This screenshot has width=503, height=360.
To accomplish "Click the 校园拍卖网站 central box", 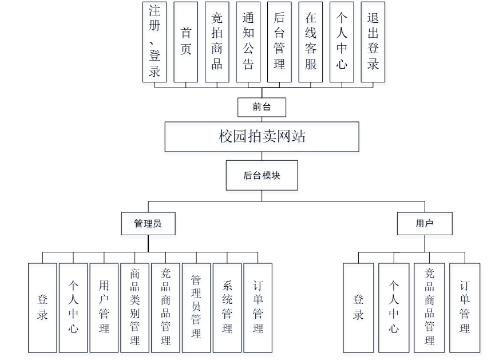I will [262, 137].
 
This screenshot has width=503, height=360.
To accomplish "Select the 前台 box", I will [262, 107].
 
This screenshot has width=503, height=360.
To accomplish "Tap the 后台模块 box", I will [262, 175].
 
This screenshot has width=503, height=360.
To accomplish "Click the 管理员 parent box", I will [148, 224].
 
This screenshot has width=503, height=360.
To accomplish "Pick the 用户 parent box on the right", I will [425, 224].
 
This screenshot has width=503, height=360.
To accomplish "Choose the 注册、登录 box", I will [155, 41].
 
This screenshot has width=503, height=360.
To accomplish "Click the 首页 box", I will [186, 41].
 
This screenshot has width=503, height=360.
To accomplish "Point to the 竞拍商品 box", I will [217, 41].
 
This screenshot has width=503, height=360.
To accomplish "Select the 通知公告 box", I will [248, 41].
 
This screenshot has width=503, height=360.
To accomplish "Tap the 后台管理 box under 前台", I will [279, 41].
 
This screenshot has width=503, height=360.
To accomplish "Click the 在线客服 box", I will [311, 41].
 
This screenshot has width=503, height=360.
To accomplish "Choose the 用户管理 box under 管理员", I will [104, 307].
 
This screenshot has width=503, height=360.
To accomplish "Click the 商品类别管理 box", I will [135, 307].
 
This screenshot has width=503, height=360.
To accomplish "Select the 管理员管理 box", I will [196, 307].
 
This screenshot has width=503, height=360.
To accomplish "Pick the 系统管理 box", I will [227, 307].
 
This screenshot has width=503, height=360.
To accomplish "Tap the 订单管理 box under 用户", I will [465, 307].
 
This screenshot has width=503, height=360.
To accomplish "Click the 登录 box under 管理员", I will [42, 307].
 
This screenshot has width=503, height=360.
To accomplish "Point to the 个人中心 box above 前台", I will [342, 41].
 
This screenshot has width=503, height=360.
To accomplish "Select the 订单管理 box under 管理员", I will [258, 307].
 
